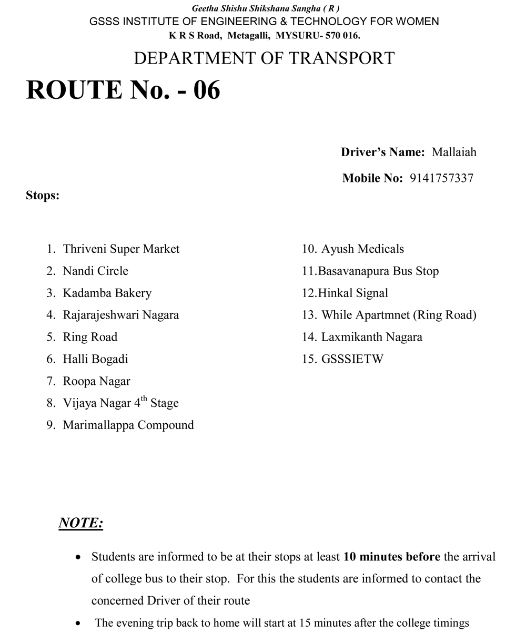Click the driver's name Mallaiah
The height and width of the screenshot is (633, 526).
454,152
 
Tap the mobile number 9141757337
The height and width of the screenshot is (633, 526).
441,178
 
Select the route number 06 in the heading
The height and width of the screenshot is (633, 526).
206,89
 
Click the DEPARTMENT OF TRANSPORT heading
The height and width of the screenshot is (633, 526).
264,58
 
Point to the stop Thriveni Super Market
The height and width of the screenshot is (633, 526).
121,249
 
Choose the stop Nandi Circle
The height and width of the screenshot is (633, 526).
95,271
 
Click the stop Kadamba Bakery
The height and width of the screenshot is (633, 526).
107,293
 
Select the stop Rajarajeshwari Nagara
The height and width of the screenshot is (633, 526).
121,315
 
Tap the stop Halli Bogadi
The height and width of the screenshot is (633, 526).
95,360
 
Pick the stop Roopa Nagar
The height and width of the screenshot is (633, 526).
96,382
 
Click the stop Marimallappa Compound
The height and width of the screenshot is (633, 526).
128,425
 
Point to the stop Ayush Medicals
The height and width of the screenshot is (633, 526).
362,249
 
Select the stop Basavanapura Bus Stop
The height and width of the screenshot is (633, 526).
378,271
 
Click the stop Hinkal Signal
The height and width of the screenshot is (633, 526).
353,293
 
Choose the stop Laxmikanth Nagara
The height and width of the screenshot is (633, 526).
372,338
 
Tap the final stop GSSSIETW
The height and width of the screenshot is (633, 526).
352,360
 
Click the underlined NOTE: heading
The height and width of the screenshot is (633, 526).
80,523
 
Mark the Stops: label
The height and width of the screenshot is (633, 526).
43,196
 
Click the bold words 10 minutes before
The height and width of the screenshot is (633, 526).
392,557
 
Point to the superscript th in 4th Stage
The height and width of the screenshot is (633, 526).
144,399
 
